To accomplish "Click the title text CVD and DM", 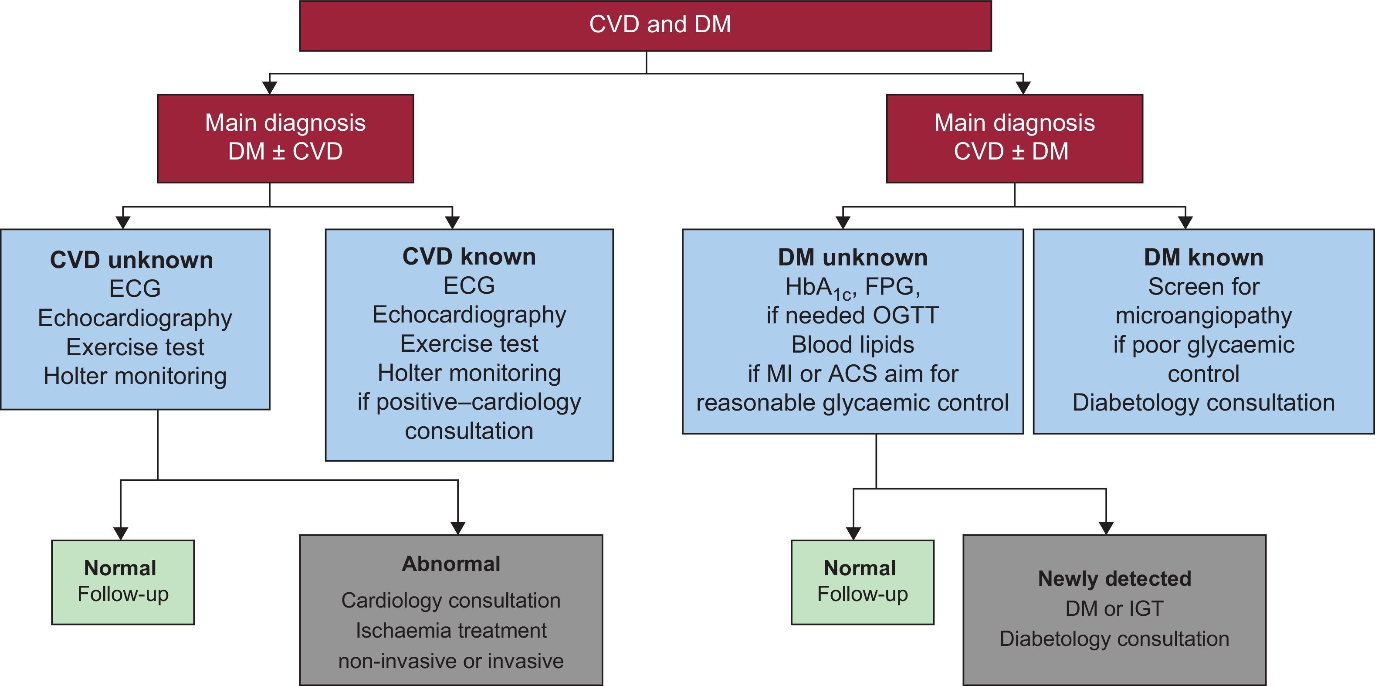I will (x=660, y=24).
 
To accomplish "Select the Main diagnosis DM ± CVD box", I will (x=285, y=138).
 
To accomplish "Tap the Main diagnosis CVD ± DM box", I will (x=1014, y=138).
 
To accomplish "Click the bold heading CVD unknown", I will (x=132, y=261).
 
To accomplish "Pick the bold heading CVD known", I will (x=469, y=257).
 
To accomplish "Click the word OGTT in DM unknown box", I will (x=905, y=316).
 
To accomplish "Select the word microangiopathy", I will (x=1203, y=316).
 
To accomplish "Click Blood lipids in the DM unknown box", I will (x=853, y=345).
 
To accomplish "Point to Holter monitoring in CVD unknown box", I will (x=135, y=376).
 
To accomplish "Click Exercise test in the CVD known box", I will (x=469, y=344).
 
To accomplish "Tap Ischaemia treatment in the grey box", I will (x=451, y=631).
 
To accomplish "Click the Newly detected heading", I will (x=1114, y=579).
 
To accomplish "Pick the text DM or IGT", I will (x=1114, y=608).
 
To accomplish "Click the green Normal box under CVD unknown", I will (x=123, y=582).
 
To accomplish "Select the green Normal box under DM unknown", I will (x=862, y=582).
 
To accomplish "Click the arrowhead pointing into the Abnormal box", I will (x=458, y=528).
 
